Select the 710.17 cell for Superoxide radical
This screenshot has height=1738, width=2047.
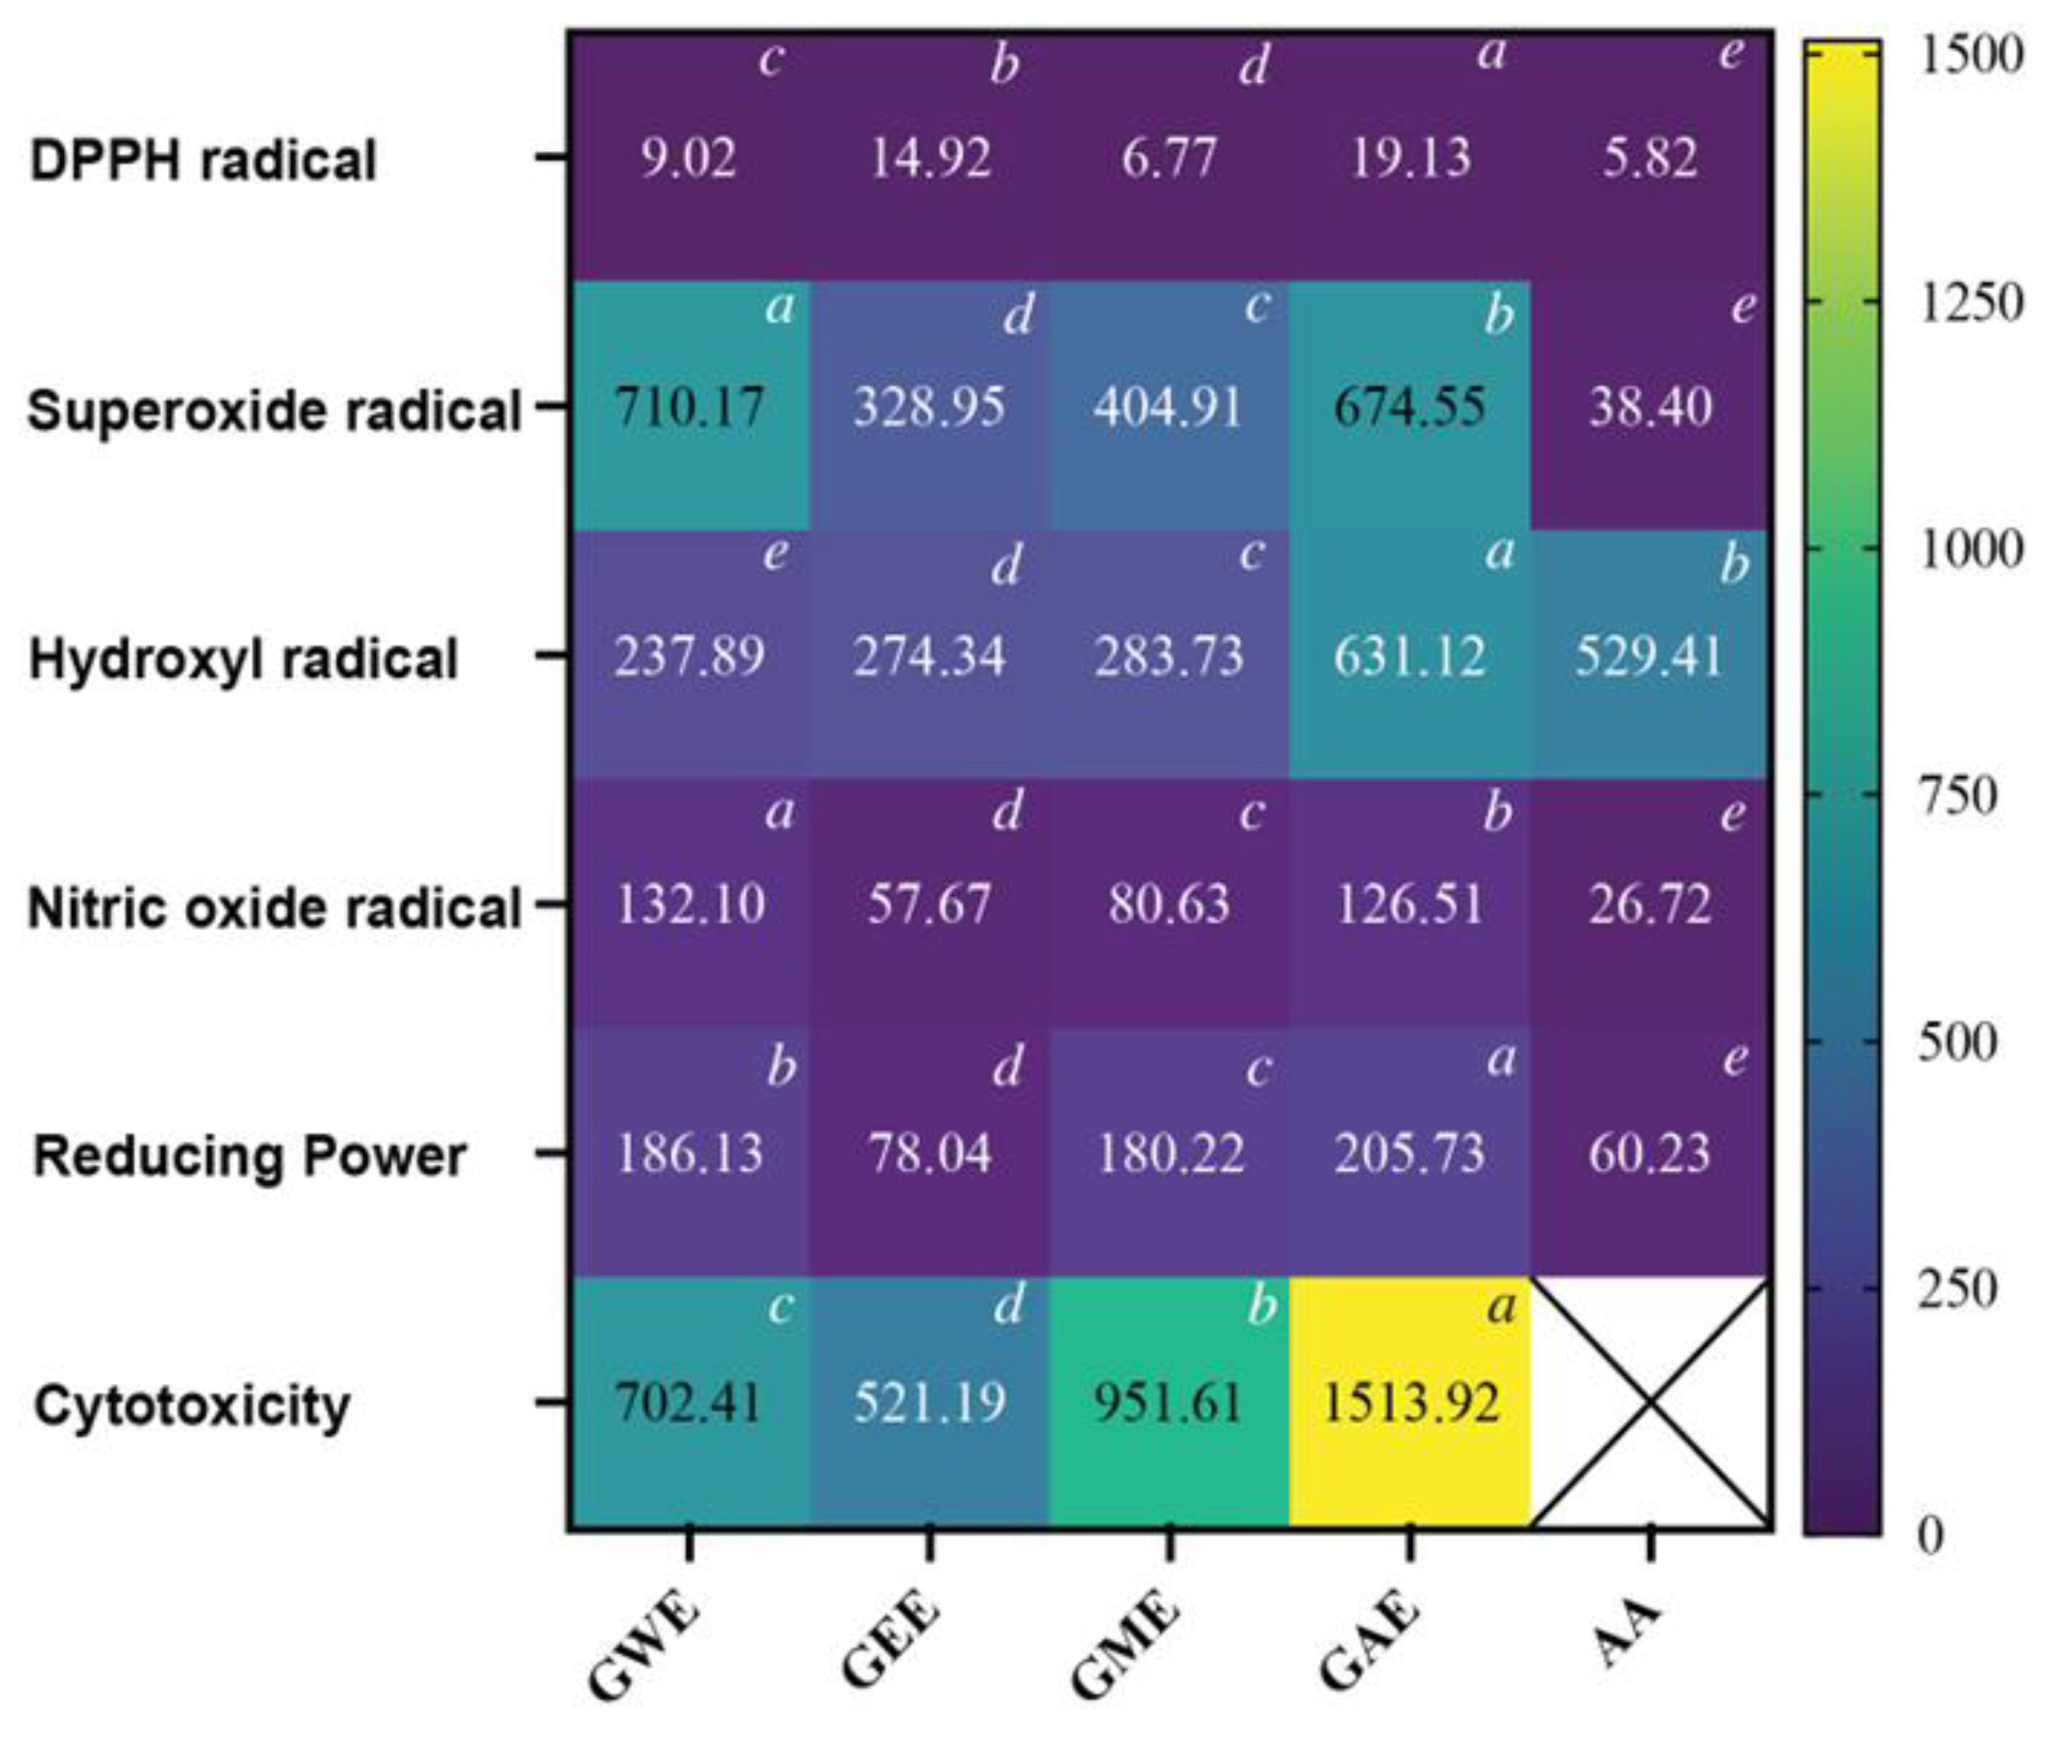(689, 406)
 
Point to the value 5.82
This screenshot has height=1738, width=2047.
(1650, 157)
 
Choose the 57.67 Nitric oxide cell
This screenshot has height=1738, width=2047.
(929, 904)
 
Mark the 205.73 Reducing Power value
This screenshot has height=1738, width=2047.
(1409, 1152)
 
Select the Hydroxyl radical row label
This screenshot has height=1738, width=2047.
(243, 658)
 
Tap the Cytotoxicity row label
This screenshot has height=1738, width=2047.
(192, 1405)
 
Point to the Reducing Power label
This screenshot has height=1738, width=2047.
(249, 1156)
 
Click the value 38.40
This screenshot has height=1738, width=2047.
(1650, 406)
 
